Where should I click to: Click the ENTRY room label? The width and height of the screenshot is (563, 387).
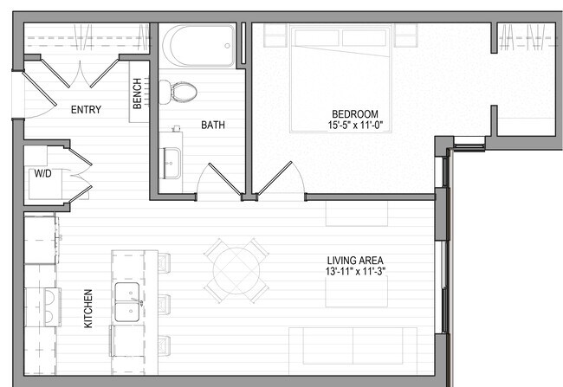pos(85,110)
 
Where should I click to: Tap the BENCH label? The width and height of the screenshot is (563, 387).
pos(138,94)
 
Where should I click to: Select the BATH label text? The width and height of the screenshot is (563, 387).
pos(213,125)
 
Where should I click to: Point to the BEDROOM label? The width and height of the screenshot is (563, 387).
pos(356,114)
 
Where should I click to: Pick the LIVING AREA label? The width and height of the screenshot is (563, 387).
pos(355,260)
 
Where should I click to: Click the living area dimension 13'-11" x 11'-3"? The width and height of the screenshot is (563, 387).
pos(355,271)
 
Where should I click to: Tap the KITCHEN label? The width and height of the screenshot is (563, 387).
pos(88,308)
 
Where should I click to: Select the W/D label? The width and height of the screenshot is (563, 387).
pos(42,174)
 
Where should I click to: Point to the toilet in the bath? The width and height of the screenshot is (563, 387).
pos(180,90)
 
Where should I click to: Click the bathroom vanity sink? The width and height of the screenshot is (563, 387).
pos(171,160)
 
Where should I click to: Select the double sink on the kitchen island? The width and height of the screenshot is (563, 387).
pos(128,300)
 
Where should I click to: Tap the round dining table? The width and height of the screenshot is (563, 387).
pos(235,269)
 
